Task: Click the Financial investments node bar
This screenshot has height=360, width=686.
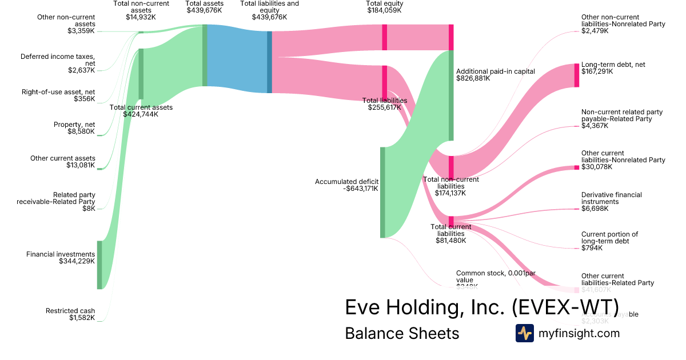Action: coord(99,265)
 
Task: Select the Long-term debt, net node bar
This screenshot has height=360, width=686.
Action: coord(576,75)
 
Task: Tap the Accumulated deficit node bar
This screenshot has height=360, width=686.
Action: coord(382,192)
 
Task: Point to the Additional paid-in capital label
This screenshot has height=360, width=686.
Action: coord(495,71)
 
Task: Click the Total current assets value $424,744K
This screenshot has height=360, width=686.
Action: coord(141,114)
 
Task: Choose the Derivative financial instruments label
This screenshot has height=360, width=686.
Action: coord(611,198)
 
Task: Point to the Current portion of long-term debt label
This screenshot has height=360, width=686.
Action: coord(609,238)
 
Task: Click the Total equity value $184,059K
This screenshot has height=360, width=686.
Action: coord(384,10)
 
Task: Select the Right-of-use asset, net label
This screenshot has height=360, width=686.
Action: coord(58,91)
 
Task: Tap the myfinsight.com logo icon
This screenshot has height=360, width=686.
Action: coord(524,333)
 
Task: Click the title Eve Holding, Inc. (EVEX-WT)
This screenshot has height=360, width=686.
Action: coord(482,307)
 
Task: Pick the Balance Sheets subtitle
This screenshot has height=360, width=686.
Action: coord(402,333)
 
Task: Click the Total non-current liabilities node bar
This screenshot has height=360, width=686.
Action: coord(451,167)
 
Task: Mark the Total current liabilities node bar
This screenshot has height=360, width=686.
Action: coord(451,221)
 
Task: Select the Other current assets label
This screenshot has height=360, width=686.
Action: coord(63,158)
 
